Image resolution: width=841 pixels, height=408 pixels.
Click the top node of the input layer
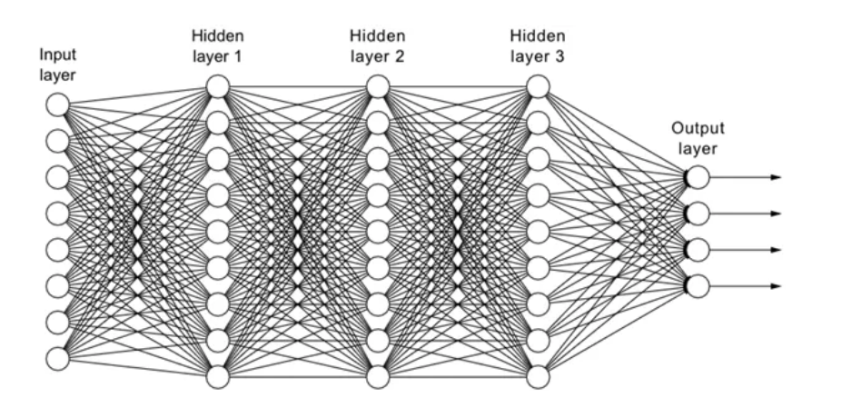[x=57, y=104]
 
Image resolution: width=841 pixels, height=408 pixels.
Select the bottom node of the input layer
[x=57, y=358]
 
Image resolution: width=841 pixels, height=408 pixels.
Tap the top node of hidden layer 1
[x=217, y=86]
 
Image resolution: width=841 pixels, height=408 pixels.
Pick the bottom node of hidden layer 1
[x=217, y=375]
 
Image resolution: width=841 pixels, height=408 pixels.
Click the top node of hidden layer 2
[x=378, y=86]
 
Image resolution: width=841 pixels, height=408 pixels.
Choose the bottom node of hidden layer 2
[x=378, y=375]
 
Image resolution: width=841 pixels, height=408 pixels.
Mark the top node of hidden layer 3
[x=539, y=86]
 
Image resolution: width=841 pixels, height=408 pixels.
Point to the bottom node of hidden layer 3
[x=539, y=375]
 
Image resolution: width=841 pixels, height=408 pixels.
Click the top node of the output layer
[x=698, y=177]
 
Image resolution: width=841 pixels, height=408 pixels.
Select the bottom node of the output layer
[x=698, y=286]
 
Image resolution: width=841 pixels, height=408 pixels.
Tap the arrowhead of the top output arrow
[x=776, y=177]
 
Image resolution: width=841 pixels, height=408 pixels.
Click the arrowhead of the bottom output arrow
[x=776, y=286]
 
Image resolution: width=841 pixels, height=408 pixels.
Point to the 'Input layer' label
[x=57, y=64]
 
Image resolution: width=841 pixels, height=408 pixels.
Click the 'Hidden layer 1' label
[x=217, y=45]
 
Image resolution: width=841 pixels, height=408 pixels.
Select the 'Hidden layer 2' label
[x=378, y=45]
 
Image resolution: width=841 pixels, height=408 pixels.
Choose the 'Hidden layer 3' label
[x=539, y=45]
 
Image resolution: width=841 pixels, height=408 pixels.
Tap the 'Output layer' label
[x=698, y=138]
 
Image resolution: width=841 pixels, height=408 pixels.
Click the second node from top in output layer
[x=698, y=214]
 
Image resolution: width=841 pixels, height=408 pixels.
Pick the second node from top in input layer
[x=57, y=141]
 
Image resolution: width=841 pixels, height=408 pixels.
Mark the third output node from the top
[x=698, y=250]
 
